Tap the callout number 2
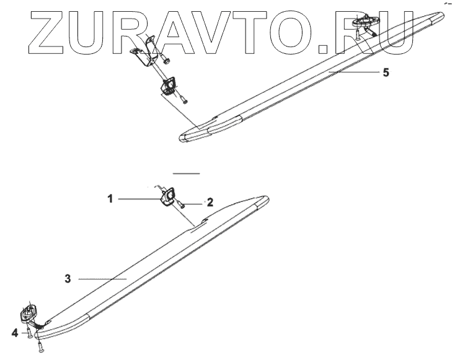(x=210, y=202)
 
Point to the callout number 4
(x=14, y=333)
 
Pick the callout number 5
(x=386, y=72)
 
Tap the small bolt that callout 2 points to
(x=180, y=203)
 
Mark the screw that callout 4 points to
(x=30, y=335)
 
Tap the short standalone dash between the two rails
(x=187, y=173)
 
